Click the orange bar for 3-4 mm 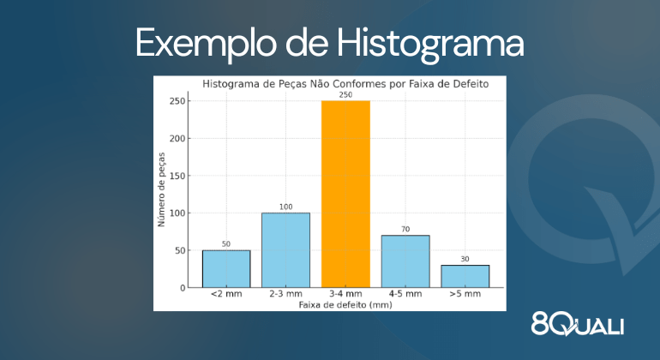click(345, 194)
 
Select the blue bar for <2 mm click(226, 269)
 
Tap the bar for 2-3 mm click(285, 250)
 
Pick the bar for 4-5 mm click(405, 261)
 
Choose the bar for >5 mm click(465, 276)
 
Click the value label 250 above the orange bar click(345, 95)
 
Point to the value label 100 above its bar click(285, 207)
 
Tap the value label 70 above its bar click(405, 230)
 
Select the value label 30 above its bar click(465, 260)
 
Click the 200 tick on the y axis click(177, 139)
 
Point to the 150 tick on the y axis click(177, 176)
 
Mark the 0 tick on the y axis click(183, 288)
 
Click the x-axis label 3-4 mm click(345, 294)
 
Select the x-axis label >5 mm click(465, 294)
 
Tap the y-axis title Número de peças click(161, 189)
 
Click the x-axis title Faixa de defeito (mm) click(345, 304)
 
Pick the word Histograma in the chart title click(231, 84)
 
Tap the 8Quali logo click(578, 324)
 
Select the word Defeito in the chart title click(471, 84)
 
